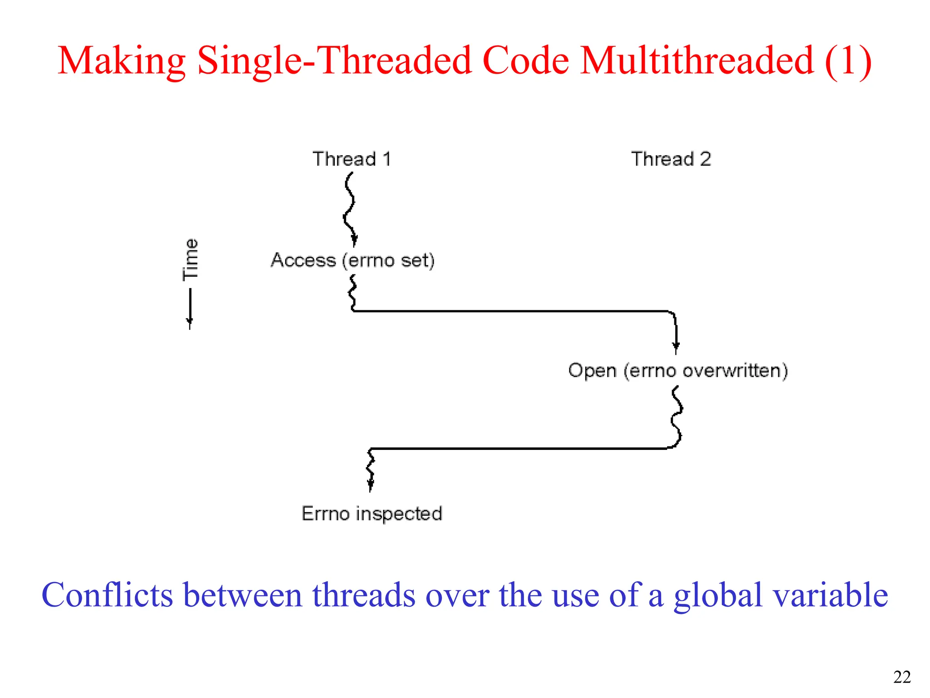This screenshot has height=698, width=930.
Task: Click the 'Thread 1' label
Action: [x=351, y=159]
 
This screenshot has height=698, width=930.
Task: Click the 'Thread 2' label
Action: [x=671, y=159]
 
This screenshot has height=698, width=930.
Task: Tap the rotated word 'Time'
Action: [x=190, y=259]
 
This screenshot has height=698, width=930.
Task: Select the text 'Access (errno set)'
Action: [x=352, y=260]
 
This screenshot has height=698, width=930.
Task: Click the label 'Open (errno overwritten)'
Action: [x=678, y=370]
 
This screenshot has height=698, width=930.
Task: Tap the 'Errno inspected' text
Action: [x=371, y=514]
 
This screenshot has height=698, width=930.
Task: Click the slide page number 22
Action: [x=901, y=677]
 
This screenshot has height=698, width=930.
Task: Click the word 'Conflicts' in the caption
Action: [x=107, y=595]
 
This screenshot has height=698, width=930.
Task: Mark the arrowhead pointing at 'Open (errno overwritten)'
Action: [x=676, y=347]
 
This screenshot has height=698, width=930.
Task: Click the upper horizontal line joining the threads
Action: [x=509, y=311]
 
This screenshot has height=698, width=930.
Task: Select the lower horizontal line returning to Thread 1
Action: [x=518, y=449]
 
